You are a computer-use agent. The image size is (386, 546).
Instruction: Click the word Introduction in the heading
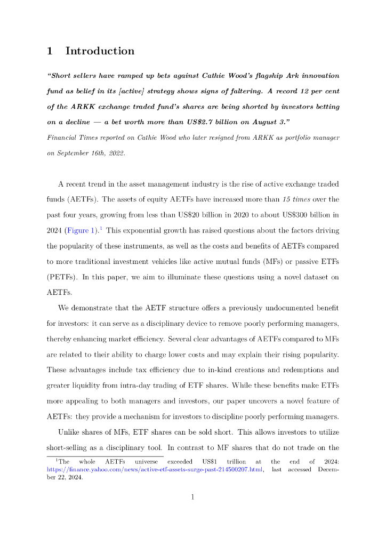click(x=100, y=51)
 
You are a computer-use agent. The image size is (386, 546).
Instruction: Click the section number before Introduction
click(x=50, y=51)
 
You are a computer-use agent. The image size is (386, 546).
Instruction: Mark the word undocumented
click(x=279, y=308)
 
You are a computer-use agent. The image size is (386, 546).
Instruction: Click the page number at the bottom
click(x=193, y=497)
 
